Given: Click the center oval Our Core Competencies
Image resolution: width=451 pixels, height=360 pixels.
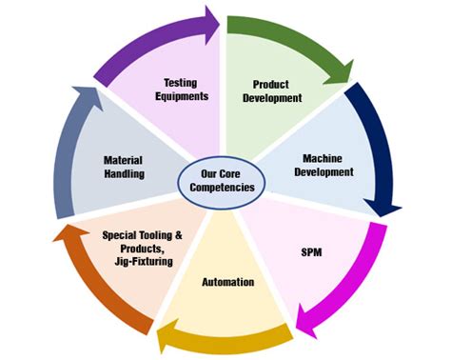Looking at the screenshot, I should pyautogui.click(x=221, y=181).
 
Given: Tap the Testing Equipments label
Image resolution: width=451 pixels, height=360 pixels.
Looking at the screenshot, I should pyautogui.click(x=180, y=89).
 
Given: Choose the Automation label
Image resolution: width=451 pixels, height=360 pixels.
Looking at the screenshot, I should pyautogui.click(x=227, y=282).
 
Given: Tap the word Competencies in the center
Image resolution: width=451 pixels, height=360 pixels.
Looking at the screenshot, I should pyautogui.click(x=221, y=189).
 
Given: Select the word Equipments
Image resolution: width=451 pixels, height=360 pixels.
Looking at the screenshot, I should pyautogui.click(x=180, y=96).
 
